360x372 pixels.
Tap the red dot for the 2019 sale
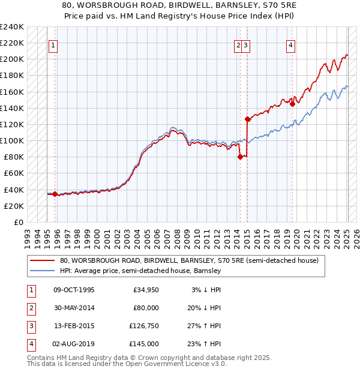[292, 104]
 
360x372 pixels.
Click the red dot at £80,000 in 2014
[240, 157]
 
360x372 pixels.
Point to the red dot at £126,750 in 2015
[247, 119]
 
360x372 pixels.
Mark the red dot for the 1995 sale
[55, 194]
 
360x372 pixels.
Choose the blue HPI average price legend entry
[140, 271]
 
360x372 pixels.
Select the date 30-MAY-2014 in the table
[73, 308]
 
